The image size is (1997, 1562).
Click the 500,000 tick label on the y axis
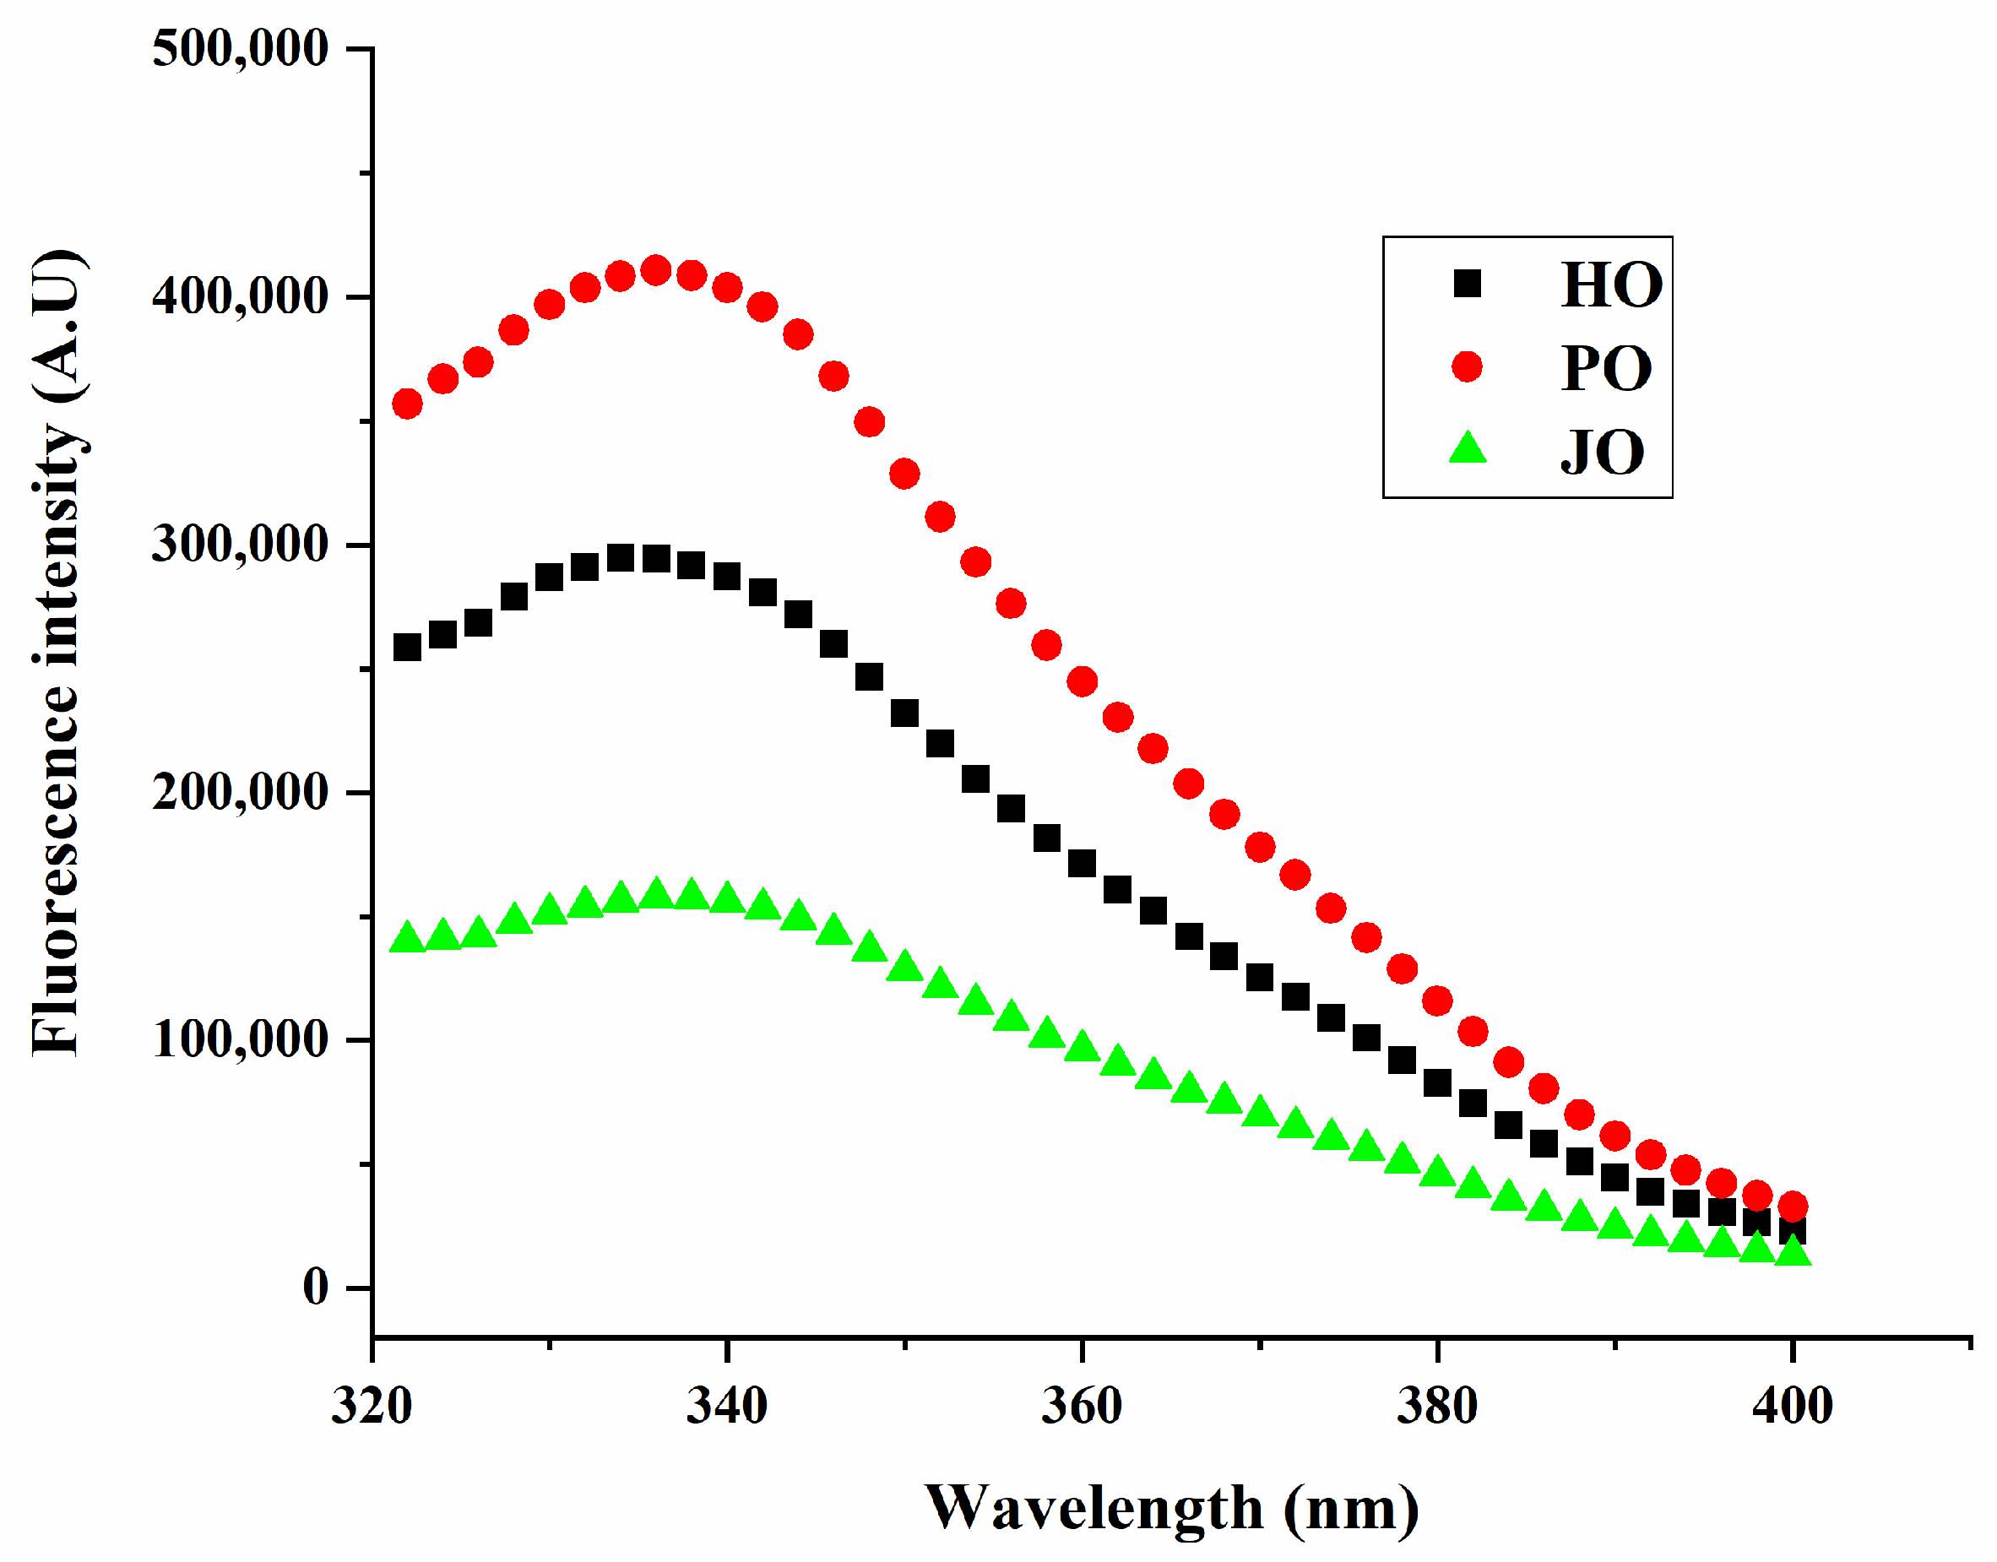[x=240, y=48]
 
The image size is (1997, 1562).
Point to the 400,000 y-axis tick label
[x=240, y=296]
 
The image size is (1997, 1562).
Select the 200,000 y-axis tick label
[x=240, y=792]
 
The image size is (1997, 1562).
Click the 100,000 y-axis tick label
[x=240, y=1040]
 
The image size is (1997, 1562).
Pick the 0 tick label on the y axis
[x=316, y=1288]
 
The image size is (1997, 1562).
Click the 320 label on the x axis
[x=372, y=1406]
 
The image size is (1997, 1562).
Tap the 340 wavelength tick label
[x=727, y=1406]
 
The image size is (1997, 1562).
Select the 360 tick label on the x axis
[x=1082, y=1406]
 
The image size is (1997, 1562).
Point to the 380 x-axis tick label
[x=1436, y=1406]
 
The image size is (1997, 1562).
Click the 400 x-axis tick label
[x=1792, y=1406]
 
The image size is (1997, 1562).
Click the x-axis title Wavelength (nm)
[x=1171, y=1508]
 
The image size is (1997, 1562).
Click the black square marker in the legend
[x=1467, y=284]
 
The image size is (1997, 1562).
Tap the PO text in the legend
[x=1607, y=369]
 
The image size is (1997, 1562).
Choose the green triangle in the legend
[x=1468, y=449]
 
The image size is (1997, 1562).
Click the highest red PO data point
[x=655, y=271]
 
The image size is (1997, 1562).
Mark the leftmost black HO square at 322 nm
[x=407, y=648]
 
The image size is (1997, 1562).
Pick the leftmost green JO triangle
[x=407, y=938]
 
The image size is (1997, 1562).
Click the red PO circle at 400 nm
[x=1792, y=1207]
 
